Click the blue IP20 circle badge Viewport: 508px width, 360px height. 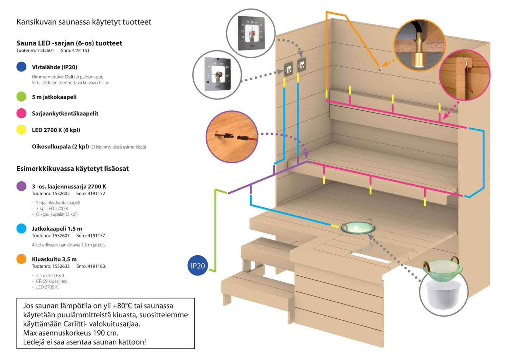[197, 266]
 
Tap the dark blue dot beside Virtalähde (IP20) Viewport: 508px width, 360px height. [21, 67]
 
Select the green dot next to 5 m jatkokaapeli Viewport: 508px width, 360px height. [21, 97]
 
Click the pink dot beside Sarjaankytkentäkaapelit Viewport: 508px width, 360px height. [21, 113]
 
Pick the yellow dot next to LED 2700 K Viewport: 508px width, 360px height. [21, 130]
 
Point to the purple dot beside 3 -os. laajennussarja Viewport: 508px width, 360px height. [21, 186]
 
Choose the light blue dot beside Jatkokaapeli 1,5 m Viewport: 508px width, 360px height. [21, 229]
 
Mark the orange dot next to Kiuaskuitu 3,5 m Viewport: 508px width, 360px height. [21, 259]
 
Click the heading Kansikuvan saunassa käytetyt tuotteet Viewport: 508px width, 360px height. [84, 22]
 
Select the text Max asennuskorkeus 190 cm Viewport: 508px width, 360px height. [70, 333]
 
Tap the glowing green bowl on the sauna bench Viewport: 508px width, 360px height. [358, 228]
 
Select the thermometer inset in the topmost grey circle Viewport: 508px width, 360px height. [251, 33]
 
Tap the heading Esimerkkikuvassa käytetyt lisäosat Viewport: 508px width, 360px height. [72, 169]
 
